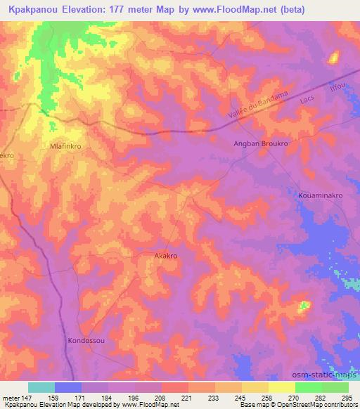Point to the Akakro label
click(x=165, y=257)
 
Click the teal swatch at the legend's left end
click(x=41, y=387)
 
